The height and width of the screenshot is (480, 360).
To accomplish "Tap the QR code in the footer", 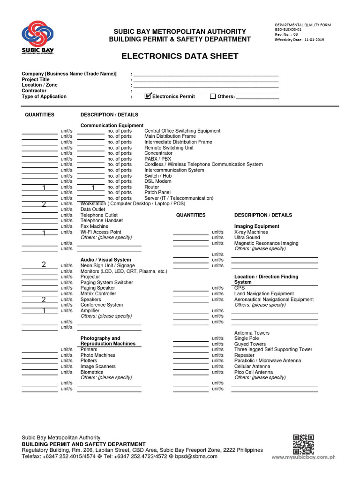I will [303, 444].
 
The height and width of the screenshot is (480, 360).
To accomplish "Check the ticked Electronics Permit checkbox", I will [148, 96].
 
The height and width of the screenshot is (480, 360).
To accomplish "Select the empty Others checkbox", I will [213, 97].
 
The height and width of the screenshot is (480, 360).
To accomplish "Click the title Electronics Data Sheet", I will [180, 56].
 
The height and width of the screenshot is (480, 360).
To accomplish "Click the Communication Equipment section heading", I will [112, 125].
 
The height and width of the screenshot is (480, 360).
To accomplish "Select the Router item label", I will [152, 187].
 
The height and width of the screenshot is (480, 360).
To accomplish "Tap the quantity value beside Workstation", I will [44, 204].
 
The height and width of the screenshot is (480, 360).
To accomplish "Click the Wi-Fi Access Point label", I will [101, 232].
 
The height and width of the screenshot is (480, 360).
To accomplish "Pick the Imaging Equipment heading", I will [256, 226].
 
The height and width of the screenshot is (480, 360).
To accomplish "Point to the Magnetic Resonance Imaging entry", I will [266, 243].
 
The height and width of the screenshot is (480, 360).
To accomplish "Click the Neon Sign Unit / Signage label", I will [107, 266].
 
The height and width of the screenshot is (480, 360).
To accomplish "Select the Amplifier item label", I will [90, 310].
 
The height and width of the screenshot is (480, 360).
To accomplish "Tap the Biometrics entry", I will [92, 372].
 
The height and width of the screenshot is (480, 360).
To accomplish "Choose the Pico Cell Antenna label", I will [254, 372].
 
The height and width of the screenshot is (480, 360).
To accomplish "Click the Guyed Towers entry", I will [250, 344].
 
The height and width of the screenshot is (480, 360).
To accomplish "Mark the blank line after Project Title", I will [206, 80].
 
